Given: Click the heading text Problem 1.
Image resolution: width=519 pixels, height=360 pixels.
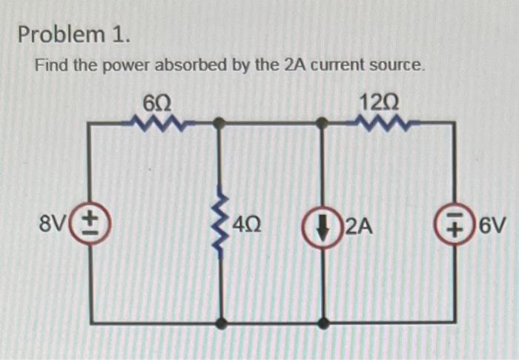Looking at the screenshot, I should pos(74,34).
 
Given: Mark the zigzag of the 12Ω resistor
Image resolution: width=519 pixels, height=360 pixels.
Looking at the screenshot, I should pos(384,121).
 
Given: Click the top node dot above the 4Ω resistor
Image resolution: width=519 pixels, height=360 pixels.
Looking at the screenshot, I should pos(219,124).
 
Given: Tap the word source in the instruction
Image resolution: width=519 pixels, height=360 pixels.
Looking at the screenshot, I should pos(402,66).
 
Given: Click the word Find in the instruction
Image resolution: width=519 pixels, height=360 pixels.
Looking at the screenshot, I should pos(51,66).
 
